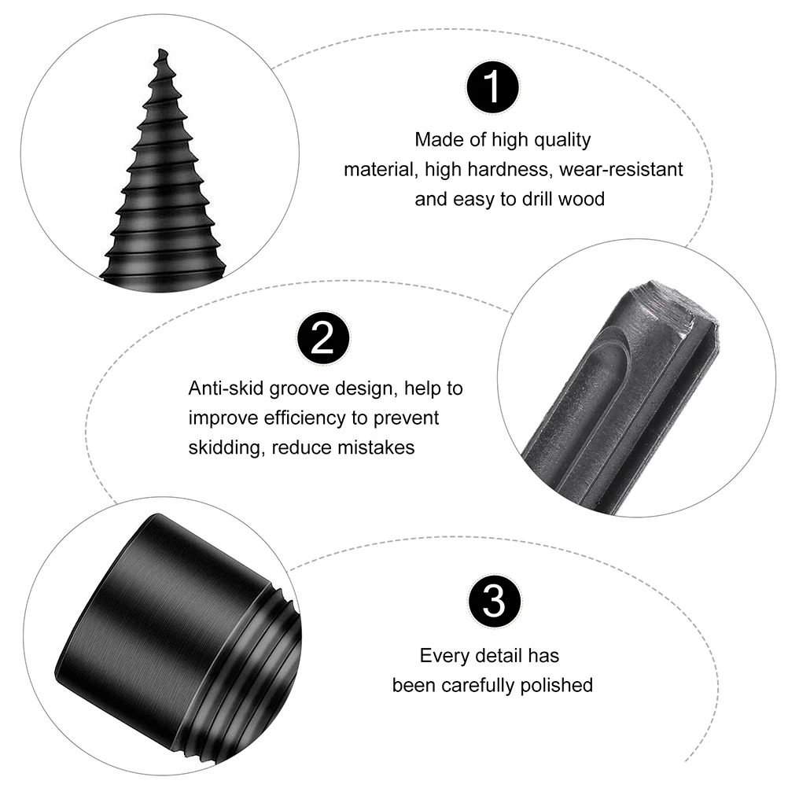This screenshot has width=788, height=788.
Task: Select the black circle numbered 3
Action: click(494, 602)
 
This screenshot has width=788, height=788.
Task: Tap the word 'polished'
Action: click(557, 685)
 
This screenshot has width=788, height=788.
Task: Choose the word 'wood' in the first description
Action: click(581, 199)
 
